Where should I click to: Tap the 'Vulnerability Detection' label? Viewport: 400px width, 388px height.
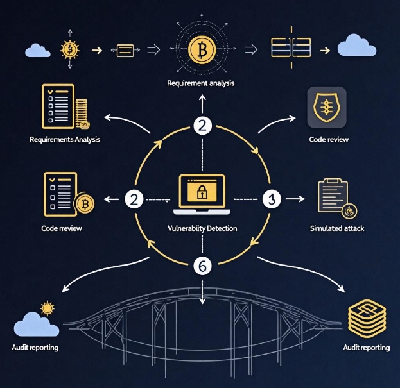click(202, 228)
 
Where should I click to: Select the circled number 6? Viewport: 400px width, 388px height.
click(202, 266)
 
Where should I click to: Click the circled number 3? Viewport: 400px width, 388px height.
click(270, 199)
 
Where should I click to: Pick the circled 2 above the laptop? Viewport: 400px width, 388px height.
click(202, 126)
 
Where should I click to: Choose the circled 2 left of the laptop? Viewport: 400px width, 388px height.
click(134, 199)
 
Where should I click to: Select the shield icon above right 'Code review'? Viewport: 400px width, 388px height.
click(327, 105)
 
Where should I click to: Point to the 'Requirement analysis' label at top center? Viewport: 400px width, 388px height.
click(201, 83)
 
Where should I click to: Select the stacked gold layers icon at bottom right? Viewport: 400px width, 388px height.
click(365, 316)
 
